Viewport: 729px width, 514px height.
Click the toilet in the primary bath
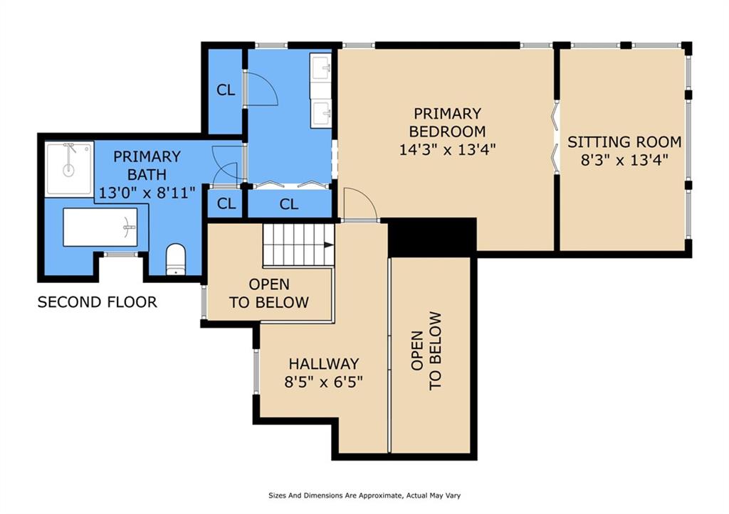(x=176, y=259)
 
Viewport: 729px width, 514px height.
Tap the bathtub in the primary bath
(x=100, y=227)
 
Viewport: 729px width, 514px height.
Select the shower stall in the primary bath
(x=69, y=168)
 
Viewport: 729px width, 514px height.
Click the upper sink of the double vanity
(x=321, y=68)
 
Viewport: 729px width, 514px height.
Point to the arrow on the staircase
(x=329, y=245)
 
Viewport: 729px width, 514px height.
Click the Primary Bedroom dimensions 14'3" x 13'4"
(x=448, y=149)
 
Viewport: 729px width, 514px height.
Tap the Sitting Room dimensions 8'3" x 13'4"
(x=624, y=160)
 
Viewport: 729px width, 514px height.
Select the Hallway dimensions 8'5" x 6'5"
(x=324, y=382)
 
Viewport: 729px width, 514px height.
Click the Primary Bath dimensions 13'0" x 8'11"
(x=147, y=192)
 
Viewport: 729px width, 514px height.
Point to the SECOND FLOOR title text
(x=97, y=302)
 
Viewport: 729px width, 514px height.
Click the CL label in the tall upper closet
(x=226, y=90)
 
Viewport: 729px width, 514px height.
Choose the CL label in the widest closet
(x=289, y=204)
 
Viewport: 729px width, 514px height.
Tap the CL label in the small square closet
(x=226, y=203)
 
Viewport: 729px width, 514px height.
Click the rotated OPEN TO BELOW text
(x=426, y=351)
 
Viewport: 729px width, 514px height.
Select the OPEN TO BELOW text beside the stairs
(x=269, y=293)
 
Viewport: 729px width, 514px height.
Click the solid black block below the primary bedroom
(x=432, y=236)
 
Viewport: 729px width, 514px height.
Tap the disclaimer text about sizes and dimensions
(x=364, y=496)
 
